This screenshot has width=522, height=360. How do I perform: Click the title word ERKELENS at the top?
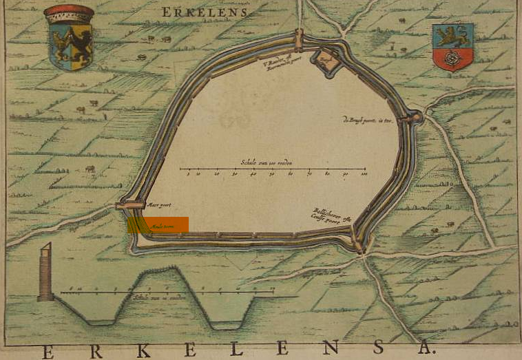click(205, 12)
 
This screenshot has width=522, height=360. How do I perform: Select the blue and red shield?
click(452, 47)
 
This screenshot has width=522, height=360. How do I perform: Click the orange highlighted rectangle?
click(158, 226)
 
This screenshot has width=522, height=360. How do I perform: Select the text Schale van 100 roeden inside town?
click(267, 162)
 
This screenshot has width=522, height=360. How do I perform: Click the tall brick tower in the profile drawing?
click(45, 273)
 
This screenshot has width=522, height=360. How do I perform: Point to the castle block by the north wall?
click(326, 61)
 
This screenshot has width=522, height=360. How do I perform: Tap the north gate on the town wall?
click(299, 39)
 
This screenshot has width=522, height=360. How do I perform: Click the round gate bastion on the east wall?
click(414, 117)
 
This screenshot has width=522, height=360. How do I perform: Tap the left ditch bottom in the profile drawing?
click(101, 321)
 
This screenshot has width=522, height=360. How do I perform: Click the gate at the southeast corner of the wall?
click(358, 244)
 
